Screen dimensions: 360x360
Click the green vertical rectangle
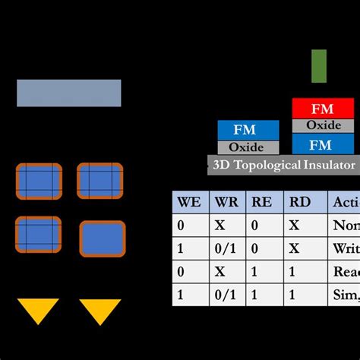(319, 66)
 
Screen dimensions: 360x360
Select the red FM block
(323, 108)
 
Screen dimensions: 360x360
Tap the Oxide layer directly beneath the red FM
(323, 125)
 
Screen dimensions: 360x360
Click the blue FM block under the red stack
(323, 144)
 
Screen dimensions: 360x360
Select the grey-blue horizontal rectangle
(68, 93)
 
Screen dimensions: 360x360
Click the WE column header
(188, 203)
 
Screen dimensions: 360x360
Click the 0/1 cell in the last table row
(225, 295)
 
